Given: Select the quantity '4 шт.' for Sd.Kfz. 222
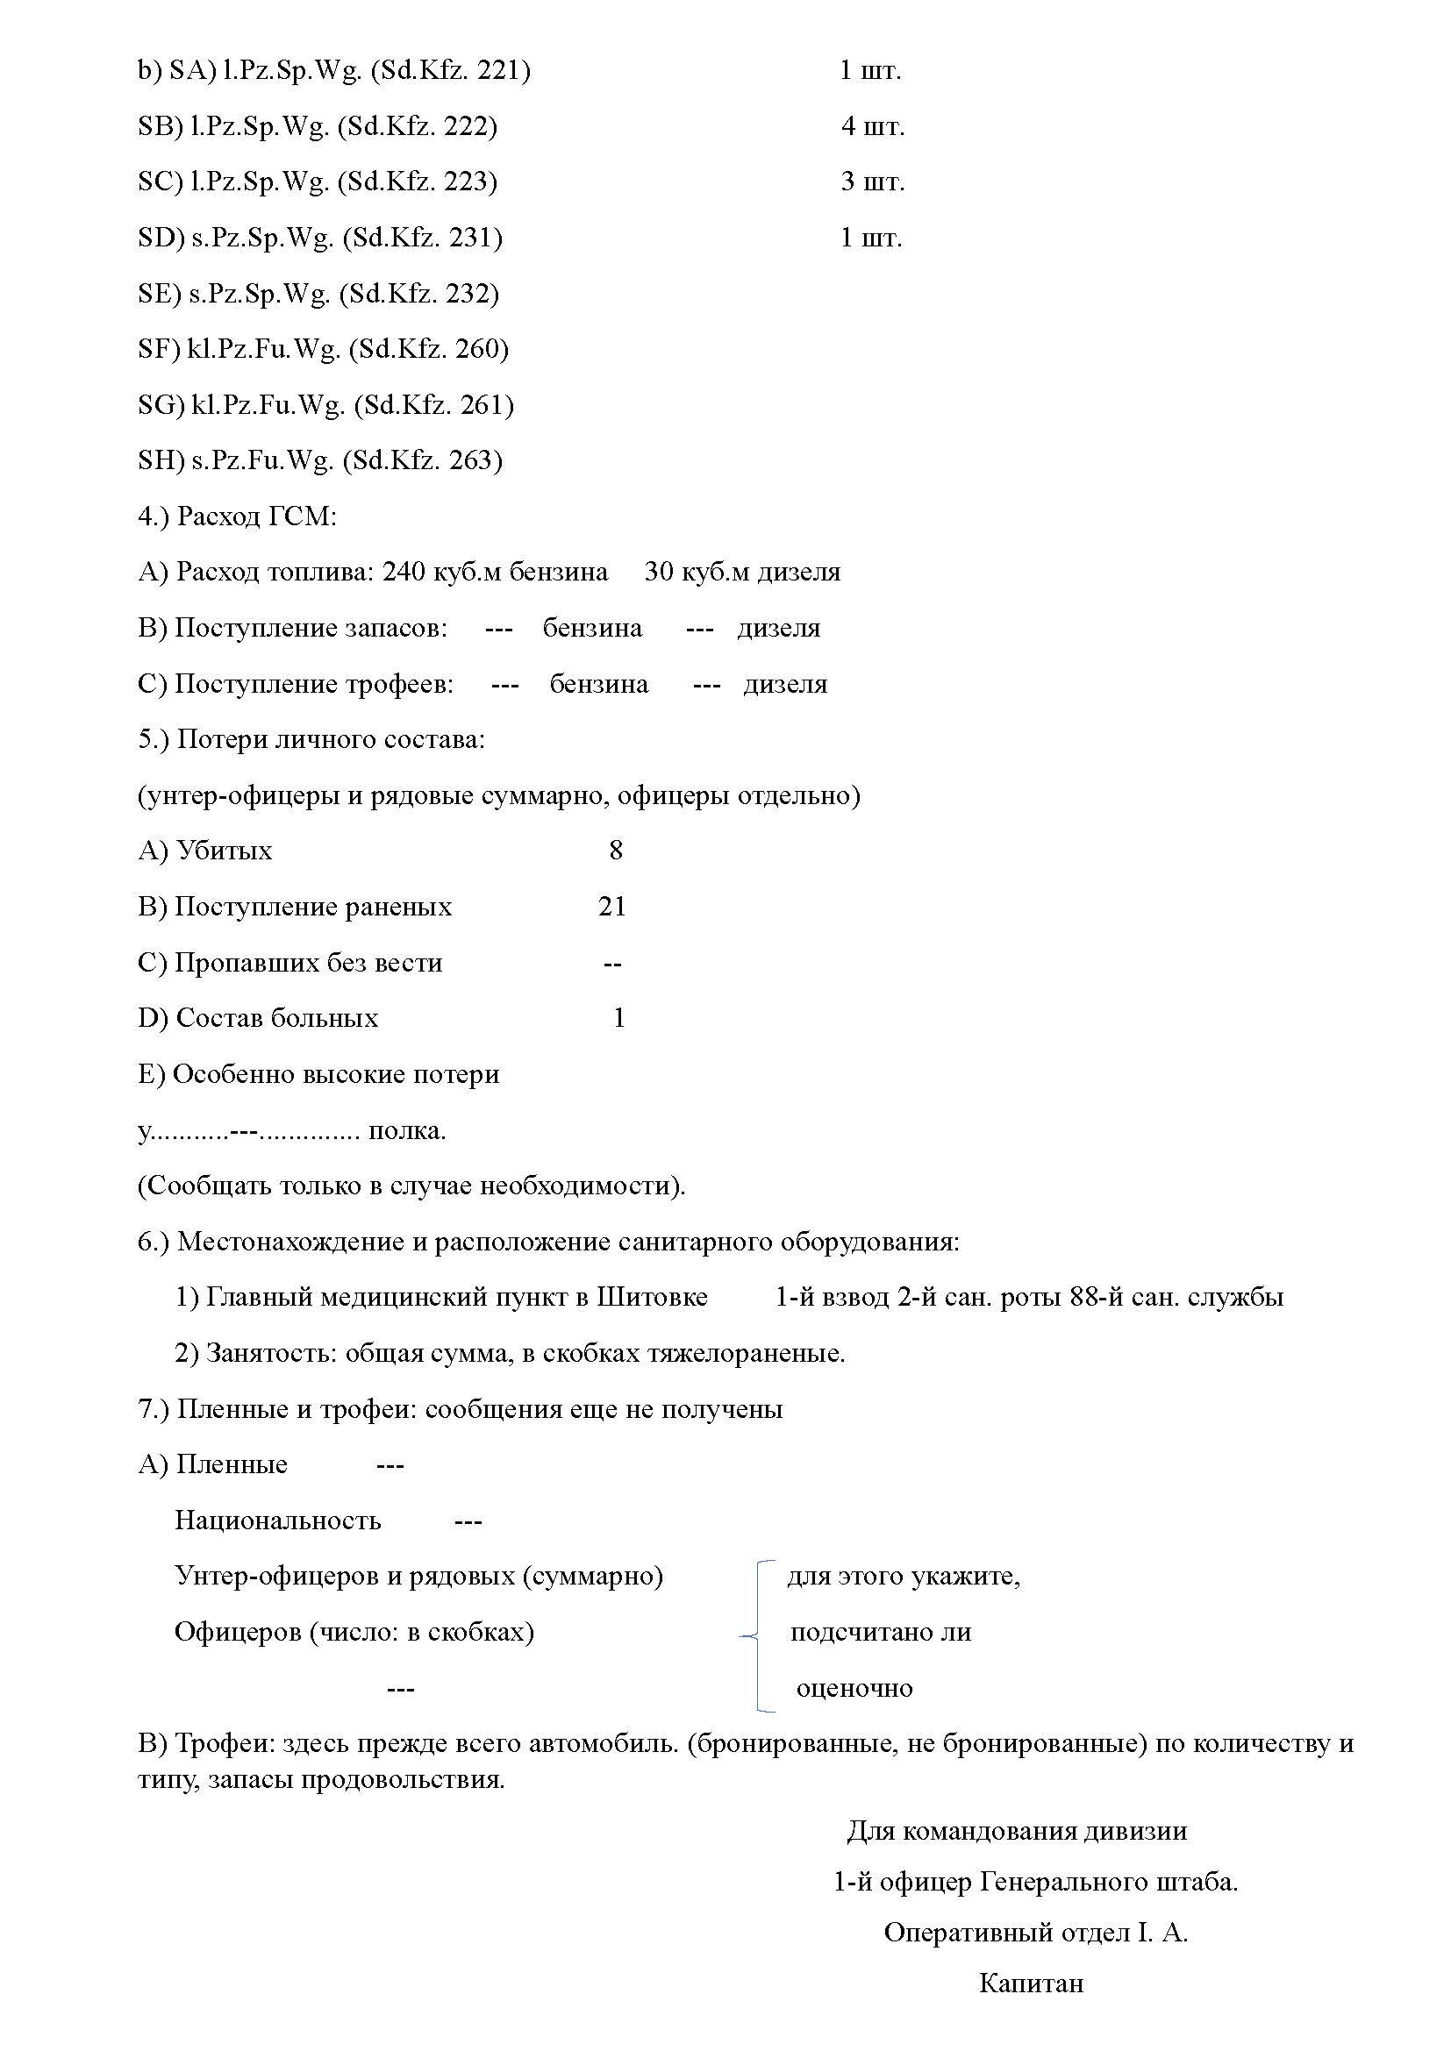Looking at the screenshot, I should (872, 126).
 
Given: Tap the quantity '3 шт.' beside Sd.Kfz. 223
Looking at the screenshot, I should (872, 182).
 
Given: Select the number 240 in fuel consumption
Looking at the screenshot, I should (404, 572).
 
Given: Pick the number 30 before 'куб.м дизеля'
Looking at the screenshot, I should (659, 572).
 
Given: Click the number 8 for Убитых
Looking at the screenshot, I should (616, 850).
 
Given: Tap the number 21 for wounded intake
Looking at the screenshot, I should (612, 907).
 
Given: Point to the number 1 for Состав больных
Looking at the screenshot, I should (618, 1018).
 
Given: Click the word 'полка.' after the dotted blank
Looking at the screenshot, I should (407, 1131).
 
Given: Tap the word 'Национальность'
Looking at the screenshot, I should (278, 1520).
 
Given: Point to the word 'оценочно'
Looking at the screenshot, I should (854, 1688).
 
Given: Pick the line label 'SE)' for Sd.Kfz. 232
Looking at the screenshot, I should (160, 294).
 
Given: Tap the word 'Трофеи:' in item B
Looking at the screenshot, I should (225, 1743).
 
